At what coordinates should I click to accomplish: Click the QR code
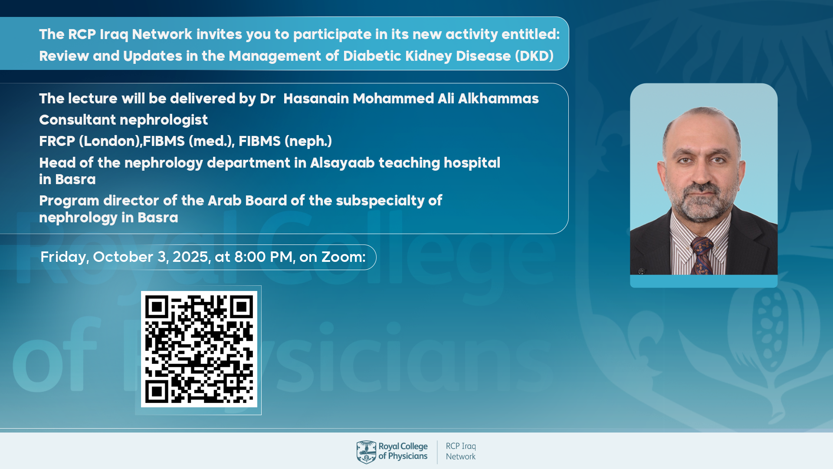(199, 349)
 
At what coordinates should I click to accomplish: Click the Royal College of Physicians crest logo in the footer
(367, 452)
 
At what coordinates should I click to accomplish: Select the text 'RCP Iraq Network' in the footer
(461, 452)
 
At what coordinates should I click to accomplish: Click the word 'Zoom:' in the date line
(343, 257)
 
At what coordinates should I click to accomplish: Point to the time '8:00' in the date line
(250, 257)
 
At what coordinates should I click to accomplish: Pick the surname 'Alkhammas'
(498, 99)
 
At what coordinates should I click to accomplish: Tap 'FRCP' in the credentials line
(57, 141)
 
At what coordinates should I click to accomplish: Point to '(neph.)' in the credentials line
(308, 141)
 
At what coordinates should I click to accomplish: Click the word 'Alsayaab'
(342, 163)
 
